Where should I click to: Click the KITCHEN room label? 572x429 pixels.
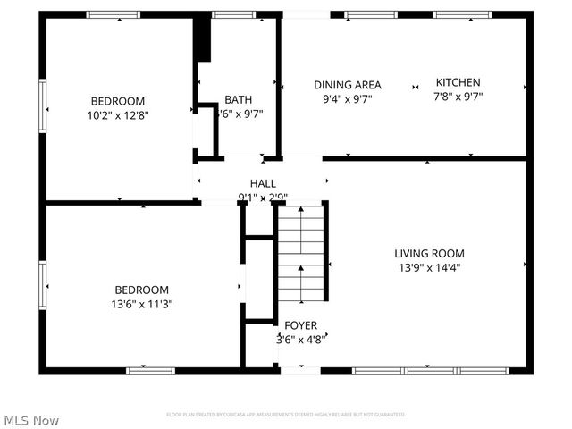458,82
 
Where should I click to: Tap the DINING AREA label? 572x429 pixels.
347,85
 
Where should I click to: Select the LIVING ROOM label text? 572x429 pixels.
430,253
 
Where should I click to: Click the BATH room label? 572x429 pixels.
238,99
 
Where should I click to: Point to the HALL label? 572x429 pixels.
263,182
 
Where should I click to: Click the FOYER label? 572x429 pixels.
300,325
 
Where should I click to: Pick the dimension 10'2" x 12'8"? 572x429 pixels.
117,115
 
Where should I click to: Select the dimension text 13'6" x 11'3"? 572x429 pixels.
143,304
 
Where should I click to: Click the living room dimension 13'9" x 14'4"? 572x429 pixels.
430,267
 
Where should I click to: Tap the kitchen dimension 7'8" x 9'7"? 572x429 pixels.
458,97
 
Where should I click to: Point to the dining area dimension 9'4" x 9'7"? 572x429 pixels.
347,99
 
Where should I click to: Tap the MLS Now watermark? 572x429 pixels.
32,419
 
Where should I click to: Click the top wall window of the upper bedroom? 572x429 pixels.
114,14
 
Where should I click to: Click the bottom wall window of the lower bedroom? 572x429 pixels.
149,370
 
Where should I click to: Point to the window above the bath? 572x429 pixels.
234,14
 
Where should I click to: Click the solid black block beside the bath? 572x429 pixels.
203,39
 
